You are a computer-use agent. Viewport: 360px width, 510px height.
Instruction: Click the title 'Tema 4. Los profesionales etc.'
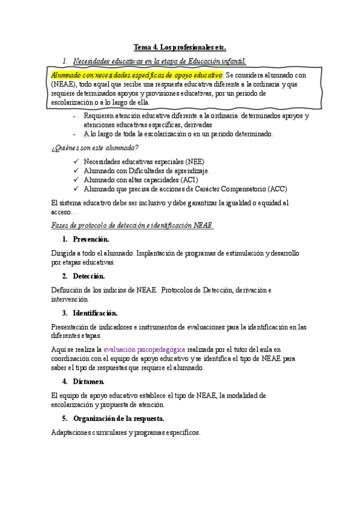coord(179,47)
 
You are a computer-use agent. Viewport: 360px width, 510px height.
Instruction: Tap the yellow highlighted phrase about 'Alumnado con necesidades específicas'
coord(137,75)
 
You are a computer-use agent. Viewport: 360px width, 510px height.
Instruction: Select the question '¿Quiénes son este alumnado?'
coord(96,148)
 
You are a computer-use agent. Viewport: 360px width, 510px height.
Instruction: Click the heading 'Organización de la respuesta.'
coord(119,419)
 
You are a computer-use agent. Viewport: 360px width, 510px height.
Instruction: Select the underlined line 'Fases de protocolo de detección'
coord(133,226)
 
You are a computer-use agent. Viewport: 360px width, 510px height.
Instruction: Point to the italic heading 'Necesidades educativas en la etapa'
coord(159,61)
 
